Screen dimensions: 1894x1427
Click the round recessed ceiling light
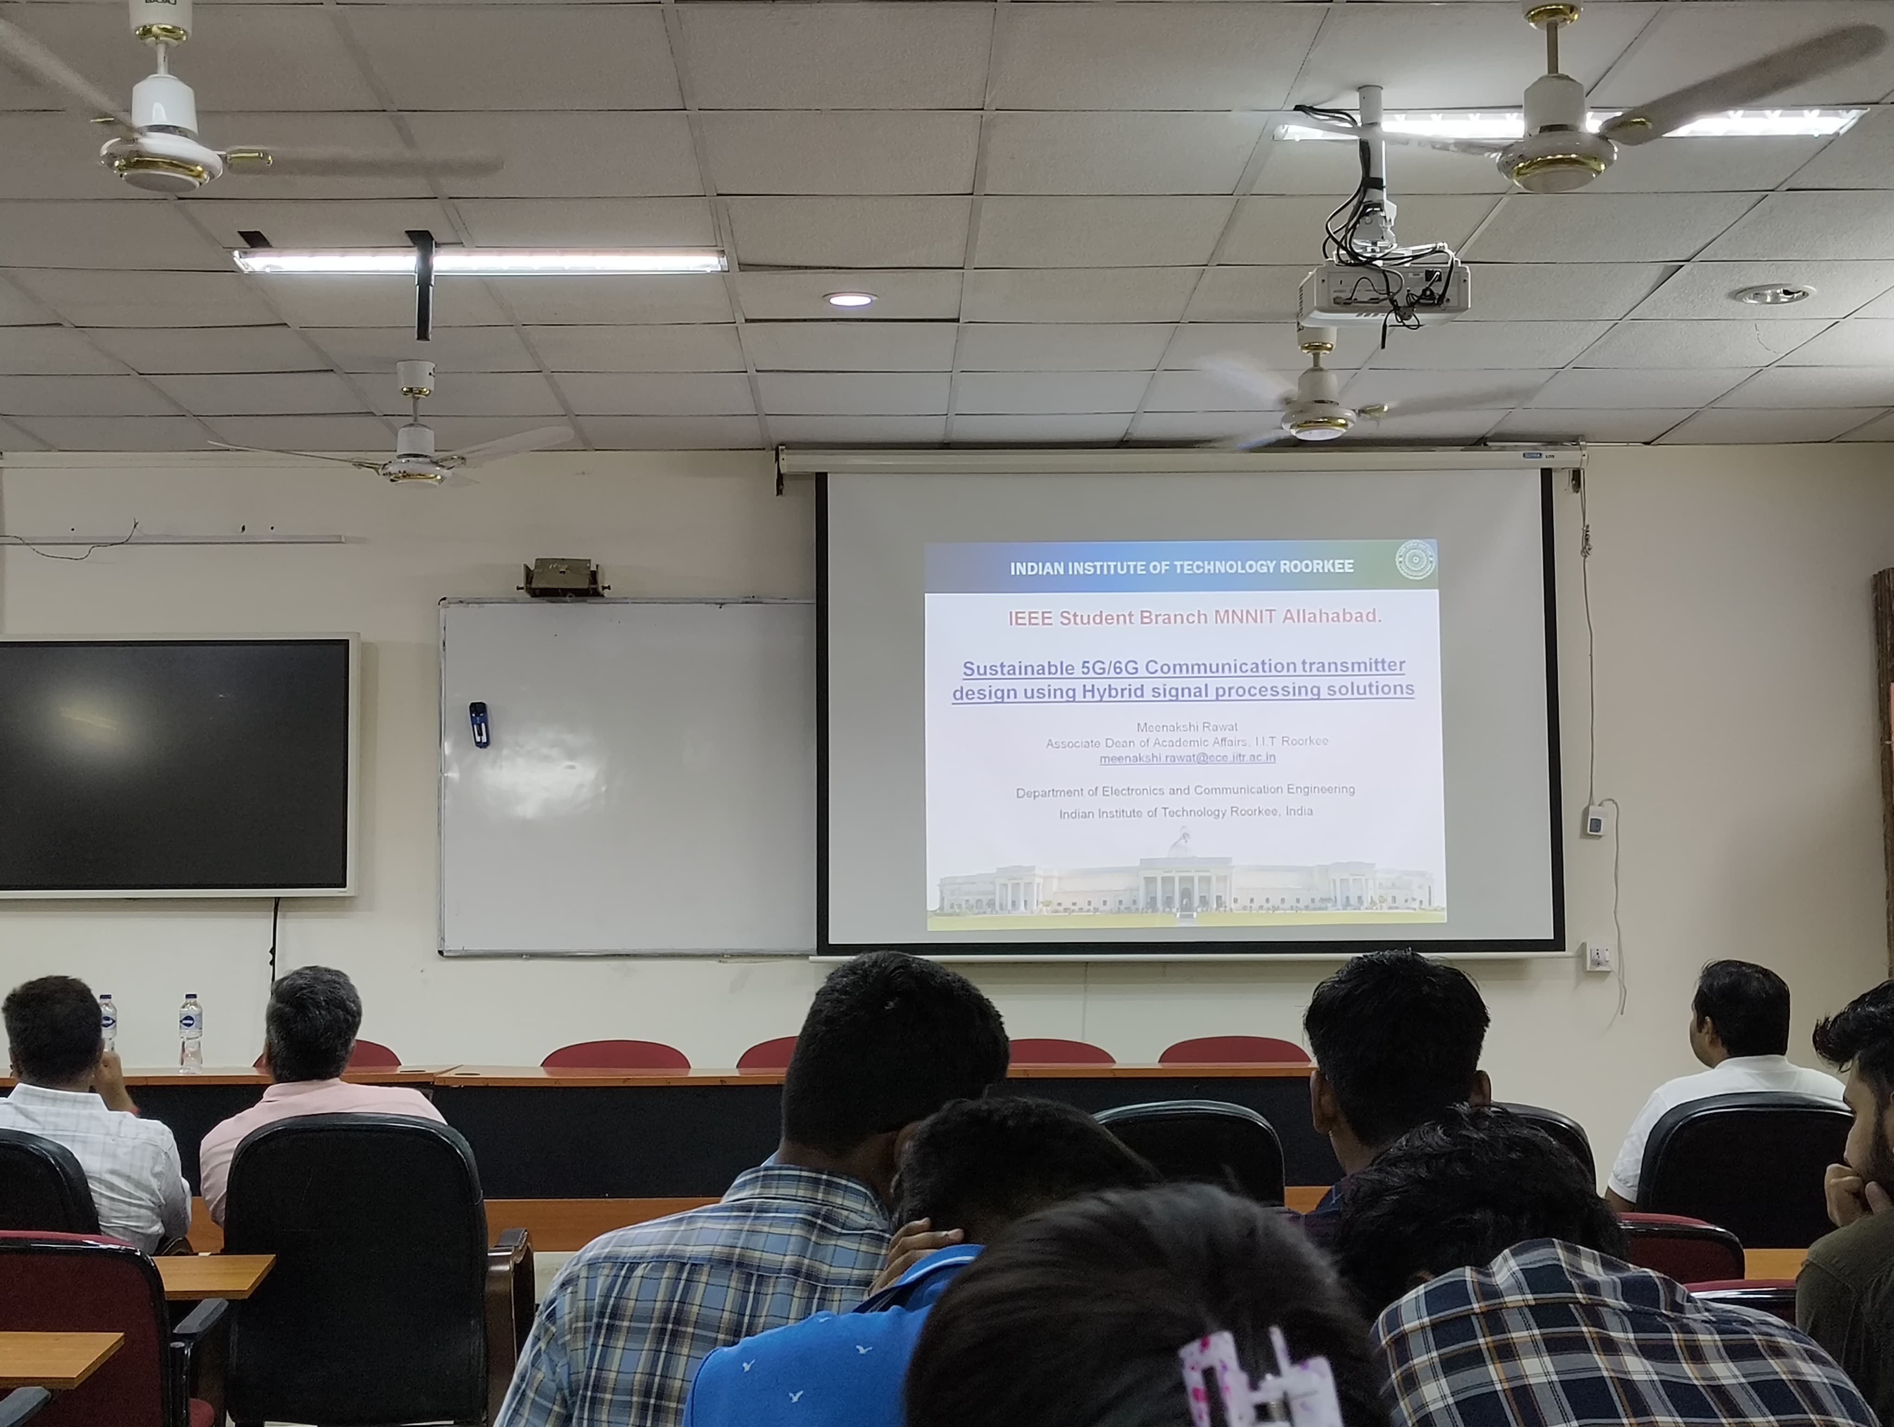coord(850,299)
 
